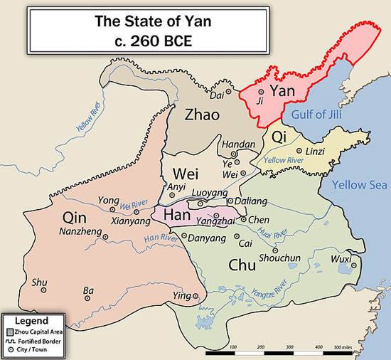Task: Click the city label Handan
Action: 238,144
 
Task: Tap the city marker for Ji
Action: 261,92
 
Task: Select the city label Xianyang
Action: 131,221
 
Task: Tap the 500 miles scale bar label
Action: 346,346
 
